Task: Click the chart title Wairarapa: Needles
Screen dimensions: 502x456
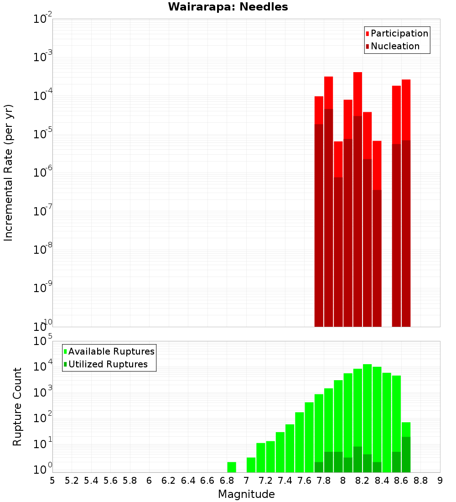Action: pyautogui.click(x=228, y=7)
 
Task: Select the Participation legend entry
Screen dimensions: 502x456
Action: pyautogui.click(x=399, y=33)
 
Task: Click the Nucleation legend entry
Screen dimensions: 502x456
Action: pyautogui.click(x=395, y=46)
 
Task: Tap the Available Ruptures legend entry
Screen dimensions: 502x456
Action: pyautogui.click(x=111, y=351)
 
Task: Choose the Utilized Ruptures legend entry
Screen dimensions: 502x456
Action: pyautogui.click(x=108, y=364)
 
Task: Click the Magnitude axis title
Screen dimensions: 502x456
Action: pyautogui.click(x=246, y=494)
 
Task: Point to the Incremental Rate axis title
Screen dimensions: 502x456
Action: pyautogui.click(x=8, y=173)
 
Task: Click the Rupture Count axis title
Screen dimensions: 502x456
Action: pyautogui.click(x=17, y=406)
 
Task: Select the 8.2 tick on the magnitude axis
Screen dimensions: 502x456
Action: pyautogui.click(x=363, y=480)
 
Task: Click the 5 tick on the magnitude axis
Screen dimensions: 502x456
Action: pyautogui.click(x=52, y=480)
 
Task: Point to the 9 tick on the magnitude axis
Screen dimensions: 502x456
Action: pyautogui.click(x=440, y=480)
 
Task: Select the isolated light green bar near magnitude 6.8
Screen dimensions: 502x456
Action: pyautogui.click(x=232, y=467)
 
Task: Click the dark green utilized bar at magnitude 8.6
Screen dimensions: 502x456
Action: pyautogui.click(x=406, y=455)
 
